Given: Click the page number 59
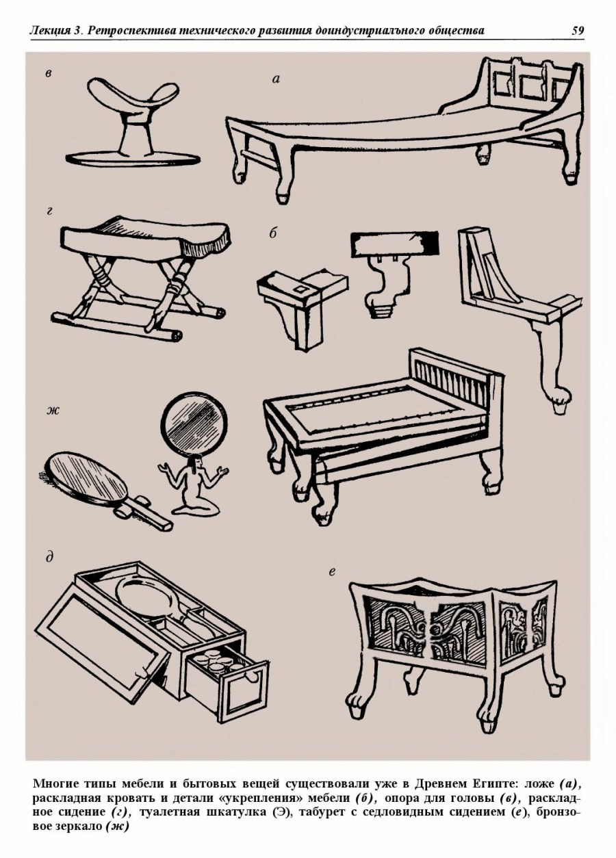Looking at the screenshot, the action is point(578,31).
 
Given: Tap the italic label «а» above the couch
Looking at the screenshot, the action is point(276,79).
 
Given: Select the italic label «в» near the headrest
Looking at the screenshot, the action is point(49,74).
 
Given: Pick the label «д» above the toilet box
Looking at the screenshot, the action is point(49,558).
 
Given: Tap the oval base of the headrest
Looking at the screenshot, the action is point(133,159).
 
